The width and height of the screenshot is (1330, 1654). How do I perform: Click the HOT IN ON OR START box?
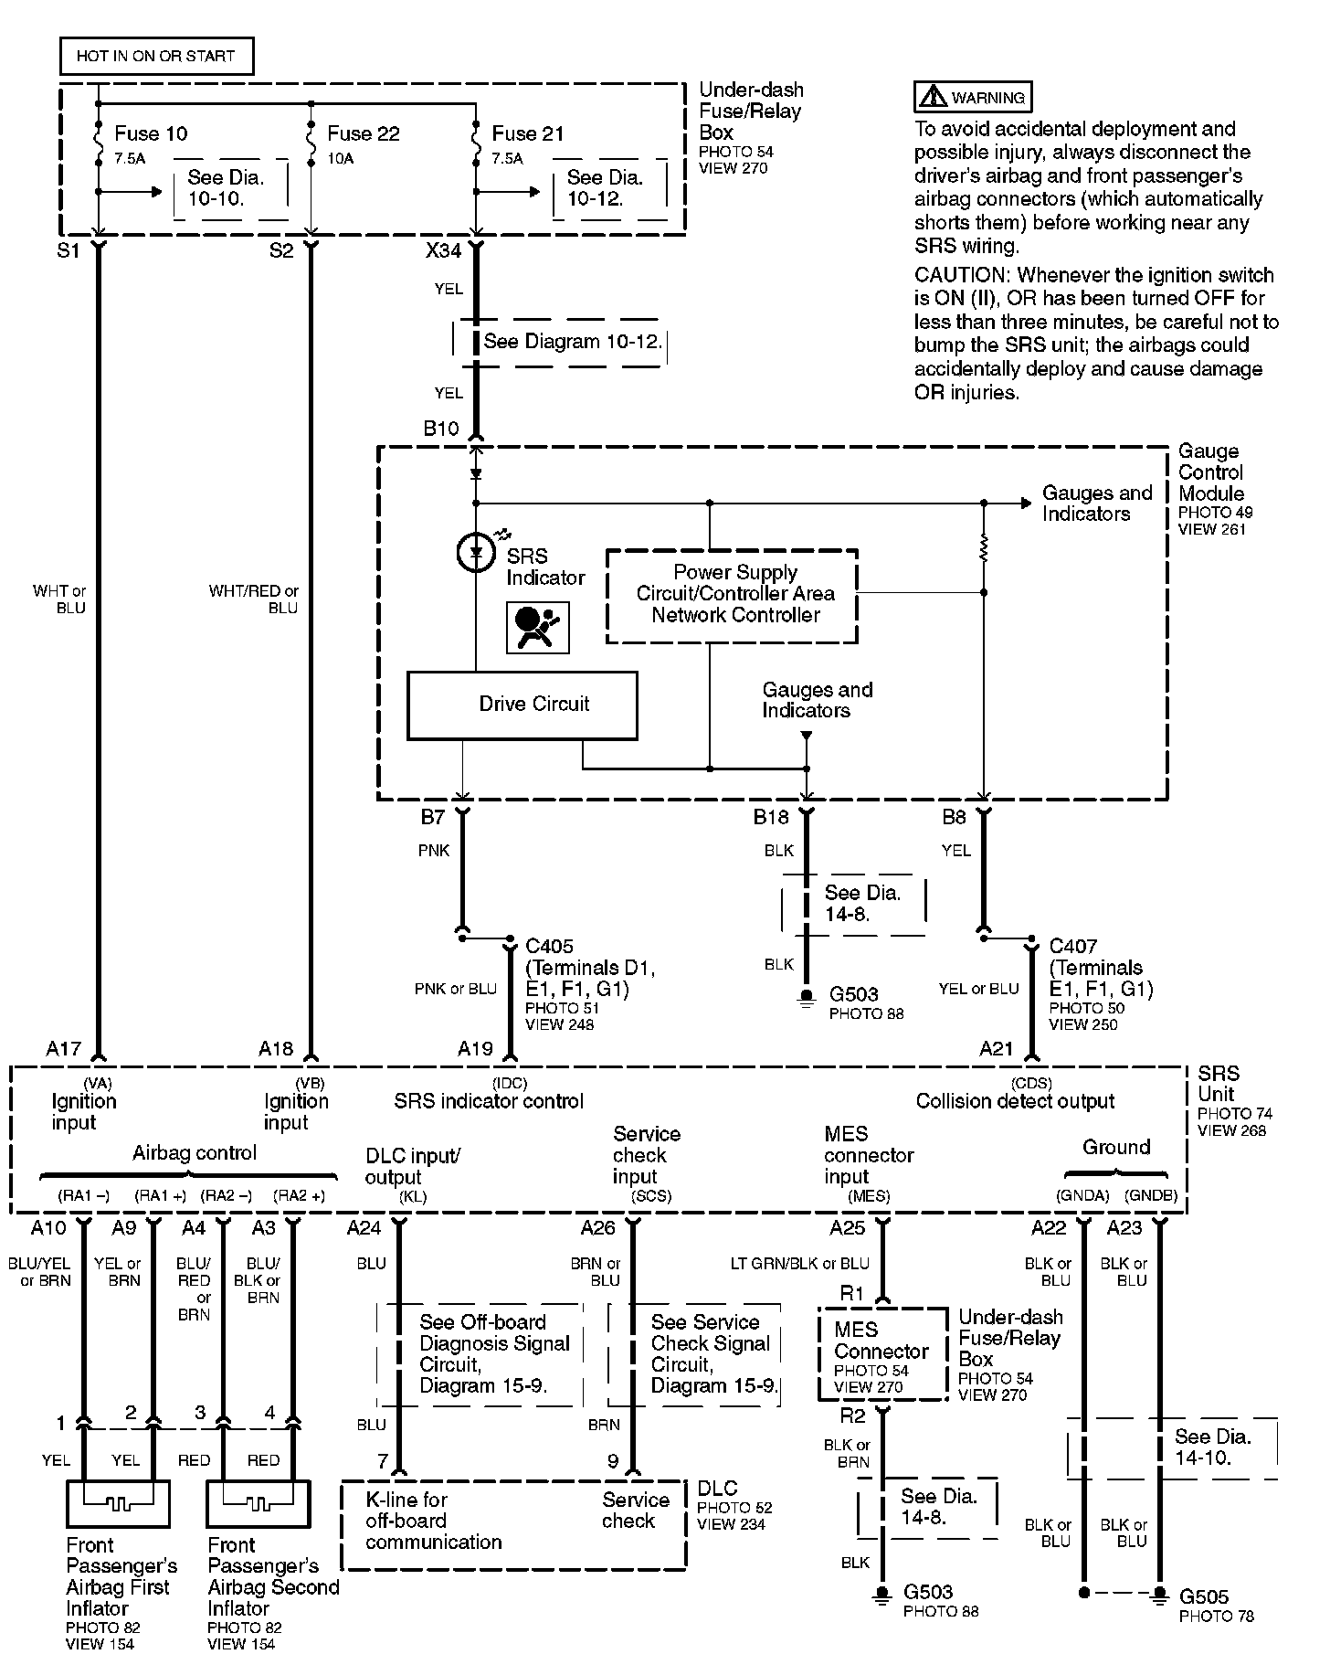[156, 56]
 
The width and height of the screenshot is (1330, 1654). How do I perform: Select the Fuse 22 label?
[364, 133]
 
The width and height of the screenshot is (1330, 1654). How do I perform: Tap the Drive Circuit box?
[522, 705]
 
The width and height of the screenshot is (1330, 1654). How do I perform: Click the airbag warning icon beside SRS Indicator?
[538, 627]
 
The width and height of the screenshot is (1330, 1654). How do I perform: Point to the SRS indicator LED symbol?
[475, 552]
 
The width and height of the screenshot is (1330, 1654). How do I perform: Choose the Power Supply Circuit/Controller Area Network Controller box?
[733, 595]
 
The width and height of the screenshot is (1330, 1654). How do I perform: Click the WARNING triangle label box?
[974, 97]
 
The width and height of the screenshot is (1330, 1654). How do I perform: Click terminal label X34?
[443, 249]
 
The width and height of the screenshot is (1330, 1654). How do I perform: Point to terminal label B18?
[770, 817]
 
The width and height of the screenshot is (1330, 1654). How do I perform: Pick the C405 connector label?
[550, 946]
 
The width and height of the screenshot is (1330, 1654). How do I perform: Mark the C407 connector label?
[1073, 946]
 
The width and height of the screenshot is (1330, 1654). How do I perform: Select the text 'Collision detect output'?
[1015, 1101]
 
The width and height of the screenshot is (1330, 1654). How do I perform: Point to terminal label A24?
[364, 1228]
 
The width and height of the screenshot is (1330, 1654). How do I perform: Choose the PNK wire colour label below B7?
[434, 851]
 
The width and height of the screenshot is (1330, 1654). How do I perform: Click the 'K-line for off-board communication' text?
[434, 1521]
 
